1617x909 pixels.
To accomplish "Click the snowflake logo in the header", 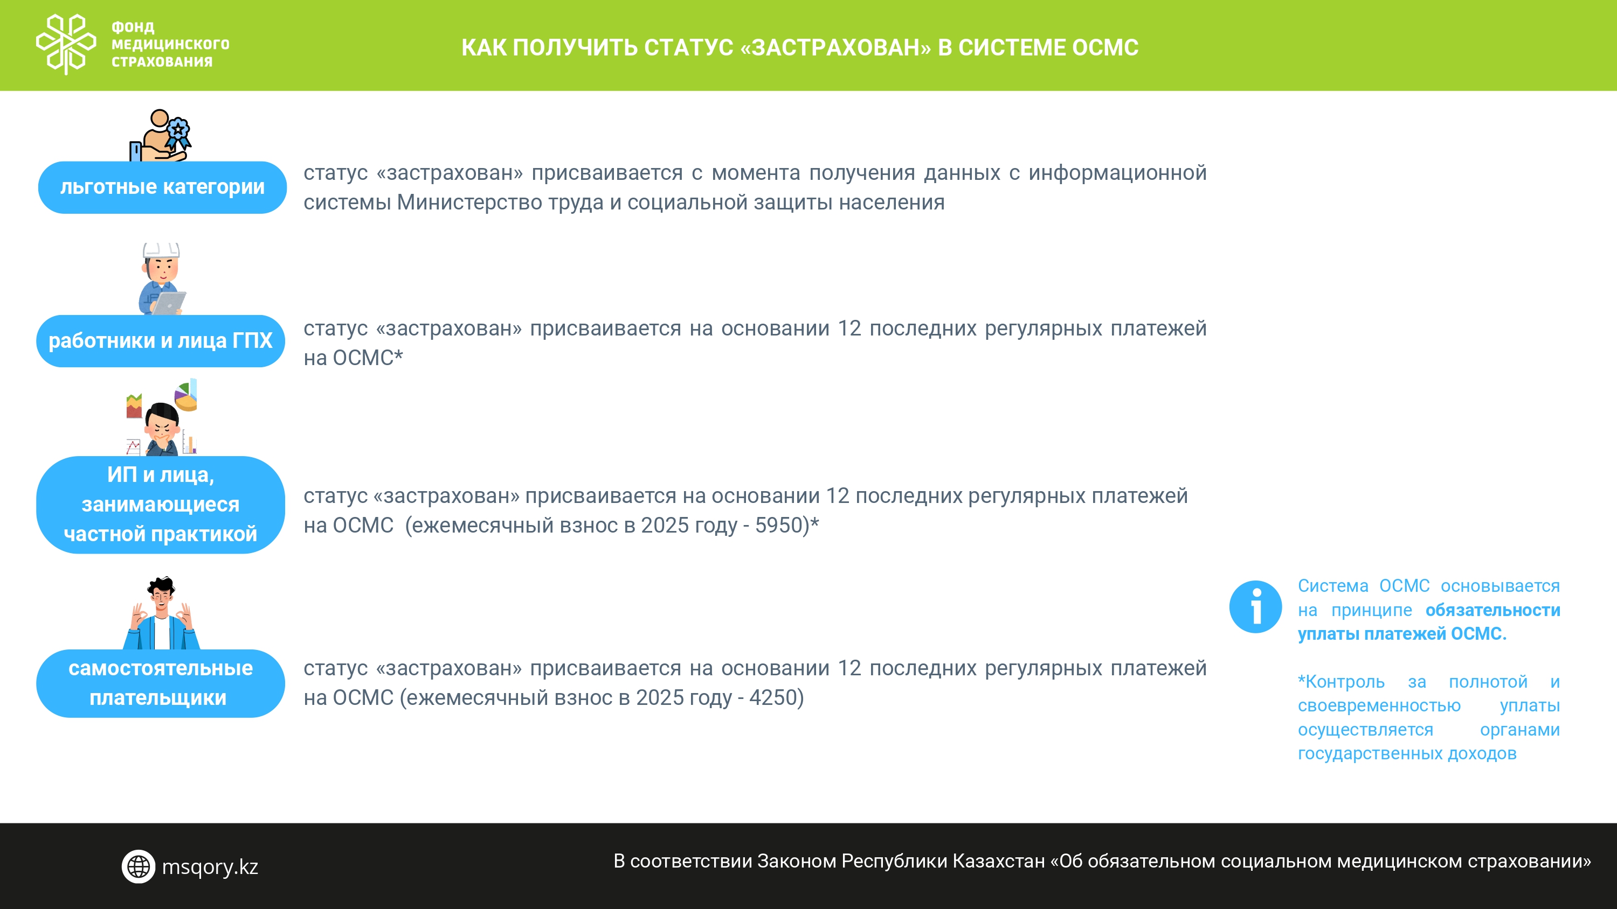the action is pos(66,44).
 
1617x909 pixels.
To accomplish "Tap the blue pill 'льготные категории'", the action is pos(162,187).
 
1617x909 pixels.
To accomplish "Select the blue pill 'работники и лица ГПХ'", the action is pos(161,341).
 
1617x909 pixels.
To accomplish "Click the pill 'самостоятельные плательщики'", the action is pos(161,683).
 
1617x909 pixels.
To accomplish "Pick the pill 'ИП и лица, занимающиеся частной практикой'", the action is pos(161,505).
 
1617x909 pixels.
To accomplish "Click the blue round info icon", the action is pos(1255,606).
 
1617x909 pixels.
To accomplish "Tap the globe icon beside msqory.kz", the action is pos(138,866).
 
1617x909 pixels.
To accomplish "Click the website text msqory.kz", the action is pos(210,866).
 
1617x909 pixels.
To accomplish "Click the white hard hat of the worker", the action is pos(161,250).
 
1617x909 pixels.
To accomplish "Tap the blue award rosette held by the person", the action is pos(178,134).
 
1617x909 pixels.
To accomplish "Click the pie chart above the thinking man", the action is pos(186,396).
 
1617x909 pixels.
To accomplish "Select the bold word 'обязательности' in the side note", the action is pos(1492,610).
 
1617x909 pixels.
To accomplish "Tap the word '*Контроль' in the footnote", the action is pos(1341,681).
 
